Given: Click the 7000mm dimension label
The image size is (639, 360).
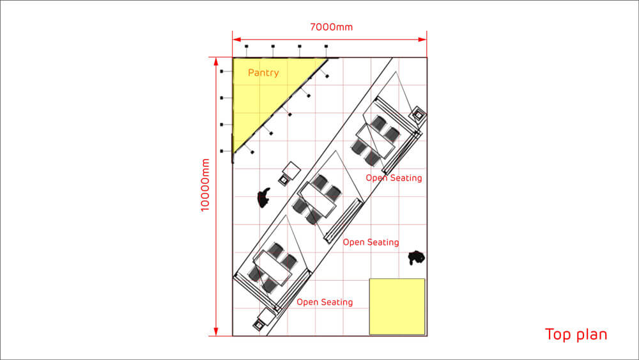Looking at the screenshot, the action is pos(331,27).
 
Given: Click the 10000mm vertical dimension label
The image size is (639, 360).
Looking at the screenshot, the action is pos(205,185).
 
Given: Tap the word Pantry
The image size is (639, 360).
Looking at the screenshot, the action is pos(263,73).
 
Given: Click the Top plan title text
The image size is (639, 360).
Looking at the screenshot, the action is pos(576,334).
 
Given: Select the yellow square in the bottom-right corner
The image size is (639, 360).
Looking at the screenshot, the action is pos(397,306).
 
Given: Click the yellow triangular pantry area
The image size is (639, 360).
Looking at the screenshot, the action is pos(261,90).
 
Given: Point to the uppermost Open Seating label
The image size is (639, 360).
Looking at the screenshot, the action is pos(394,178).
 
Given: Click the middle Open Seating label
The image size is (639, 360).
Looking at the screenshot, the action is pos(371,242).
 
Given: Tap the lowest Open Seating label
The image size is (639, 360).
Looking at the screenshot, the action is pos(325,302).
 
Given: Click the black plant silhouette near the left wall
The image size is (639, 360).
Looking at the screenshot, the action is pos(264,198).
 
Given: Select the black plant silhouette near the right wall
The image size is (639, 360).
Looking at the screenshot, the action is pos(417,257).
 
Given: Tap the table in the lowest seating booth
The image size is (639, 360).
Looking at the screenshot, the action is pos(273,268).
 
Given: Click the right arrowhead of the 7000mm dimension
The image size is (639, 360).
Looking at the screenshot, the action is pos(422,40).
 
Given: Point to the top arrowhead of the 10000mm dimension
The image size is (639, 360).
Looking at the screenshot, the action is pos(216,62).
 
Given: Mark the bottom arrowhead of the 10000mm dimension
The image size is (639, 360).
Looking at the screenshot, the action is pos(216,331).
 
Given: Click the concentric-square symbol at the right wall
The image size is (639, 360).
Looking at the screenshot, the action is pos(419,115).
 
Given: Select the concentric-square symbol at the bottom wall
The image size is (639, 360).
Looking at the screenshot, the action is pos(259,325).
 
